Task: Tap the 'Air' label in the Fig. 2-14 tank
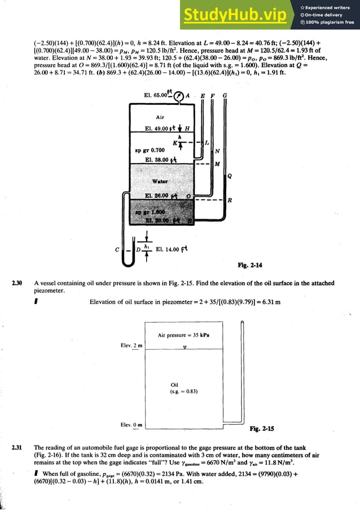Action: pyautogui.click(x=160, y=117)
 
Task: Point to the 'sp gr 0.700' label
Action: pyautogui.click(x=150, y=150)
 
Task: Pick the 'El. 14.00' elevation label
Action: pyautogui.click(x=171, y=249)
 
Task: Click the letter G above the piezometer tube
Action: pyautogui.click(x=225, y=96)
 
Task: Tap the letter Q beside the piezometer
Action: pyautogui.click(x=230, y=176)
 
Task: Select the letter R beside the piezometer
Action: pyautogui.click(x=230, y=200)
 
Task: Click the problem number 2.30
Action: pyautogui.click(x=17, y=283)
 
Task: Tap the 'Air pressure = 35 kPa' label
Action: pyautogui.click(x=183, y=334)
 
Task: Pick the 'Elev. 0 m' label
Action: pyautogui.click(x=131, y=425)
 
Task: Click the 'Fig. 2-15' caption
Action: pyautogui.click(x=262, y=429)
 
